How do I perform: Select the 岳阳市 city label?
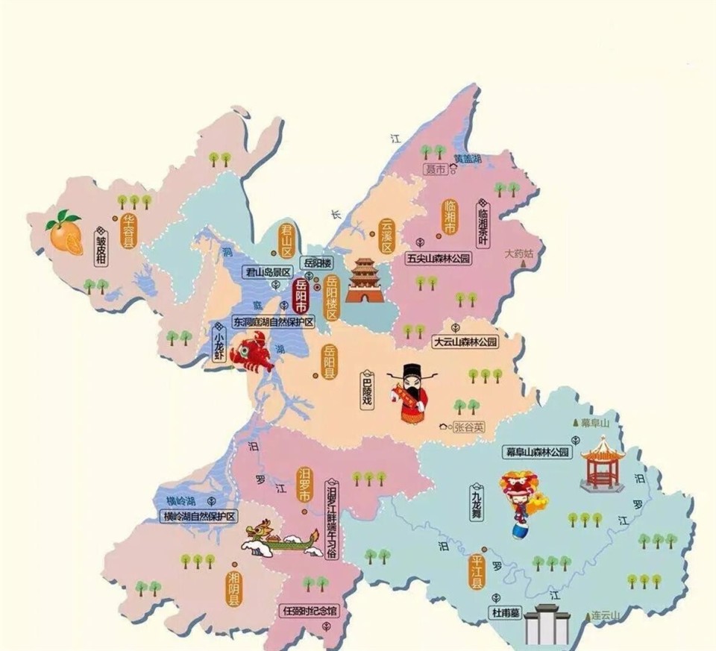pyautogui.click(x=301, y=296)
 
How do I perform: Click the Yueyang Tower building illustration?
pyautogui.click(x=364, y=280)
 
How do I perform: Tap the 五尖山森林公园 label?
pyautogui.click(x=439, y=259)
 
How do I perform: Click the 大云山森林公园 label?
pyautogui.click(x=465, y=342)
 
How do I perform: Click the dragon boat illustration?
pyautogui.click(x=282, y=540)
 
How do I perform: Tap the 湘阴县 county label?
pyautogui.click(x=234, y=588)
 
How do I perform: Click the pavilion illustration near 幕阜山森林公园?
pyautogui.click(x=602, y=464)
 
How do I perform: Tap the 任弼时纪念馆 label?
pyautogui.click(x=310, y=611)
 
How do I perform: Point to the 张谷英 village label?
pyautogui.click(x=468, y=427)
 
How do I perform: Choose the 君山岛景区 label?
pyautogui.click(x=268, y=272)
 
